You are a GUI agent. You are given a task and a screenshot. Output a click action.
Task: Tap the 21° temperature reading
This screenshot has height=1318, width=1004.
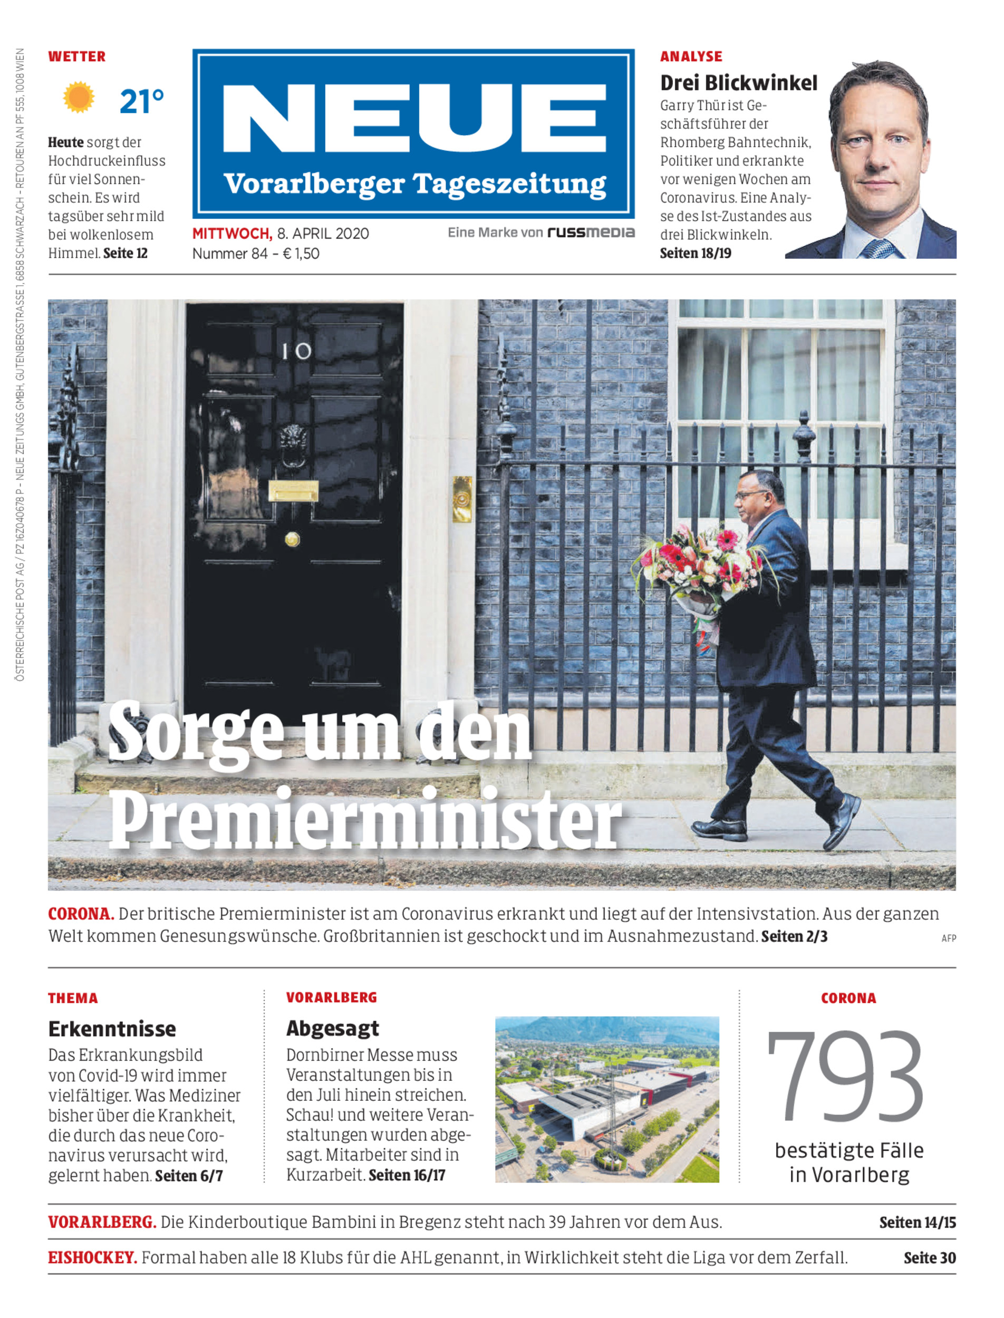coord(141,102)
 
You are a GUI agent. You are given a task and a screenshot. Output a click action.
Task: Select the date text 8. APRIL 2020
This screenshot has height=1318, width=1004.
coord(323,234)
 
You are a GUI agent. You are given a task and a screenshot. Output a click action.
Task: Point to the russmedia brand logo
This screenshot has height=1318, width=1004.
coord(591,232)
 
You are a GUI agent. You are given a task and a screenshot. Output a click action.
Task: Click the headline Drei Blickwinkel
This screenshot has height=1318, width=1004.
coord(738,83)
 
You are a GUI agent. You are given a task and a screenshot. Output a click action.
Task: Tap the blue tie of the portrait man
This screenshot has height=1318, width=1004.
coord(875,247)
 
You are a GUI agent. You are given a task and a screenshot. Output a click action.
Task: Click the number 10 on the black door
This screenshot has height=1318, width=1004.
coord(296,351)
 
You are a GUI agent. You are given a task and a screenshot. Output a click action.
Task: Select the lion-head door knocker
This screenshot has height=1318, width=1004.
coord(293,443)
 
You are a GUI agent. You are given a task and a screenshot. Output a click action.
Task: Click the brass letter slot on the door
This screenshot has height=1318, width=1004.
coord(293,491)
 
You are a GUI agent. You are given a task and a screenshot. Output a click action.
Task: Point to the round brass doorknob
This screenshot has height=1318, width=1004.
coord(292,539)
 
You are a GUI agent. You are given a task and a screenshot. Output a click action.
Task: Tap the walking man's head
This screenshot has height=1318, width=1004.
coord(759,494)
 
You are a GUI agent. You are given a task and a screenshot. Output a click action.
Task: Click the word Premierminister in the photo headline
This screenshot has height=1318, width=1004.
coord(364,820)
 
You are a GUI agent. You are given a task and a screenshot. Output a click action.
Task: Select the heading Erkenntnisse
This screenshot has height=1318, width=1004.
coord(112,1029)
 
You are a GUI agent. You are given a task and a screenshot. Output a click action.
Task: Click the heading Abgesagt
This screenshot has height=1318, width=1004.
coord(332,1028)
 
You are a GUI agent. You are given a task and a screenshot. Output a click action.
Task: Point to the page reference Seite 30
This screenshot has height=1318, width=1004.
coord(929,1258)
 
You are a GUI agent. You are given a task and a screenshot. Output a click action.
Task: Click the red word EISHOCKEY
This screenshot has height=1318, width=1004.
coord(93,1258)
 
